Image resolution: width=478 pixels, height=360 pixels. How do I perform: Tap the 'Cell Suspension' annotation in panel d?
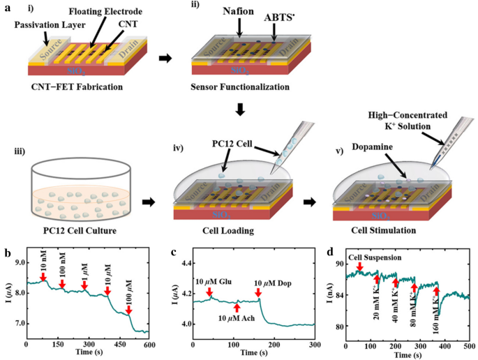pyautogui.click(x=391, y=257)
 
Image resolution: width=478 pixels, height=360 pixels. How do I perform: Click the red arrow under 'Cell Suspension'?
pyautogui.click(x=360, y=266)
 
